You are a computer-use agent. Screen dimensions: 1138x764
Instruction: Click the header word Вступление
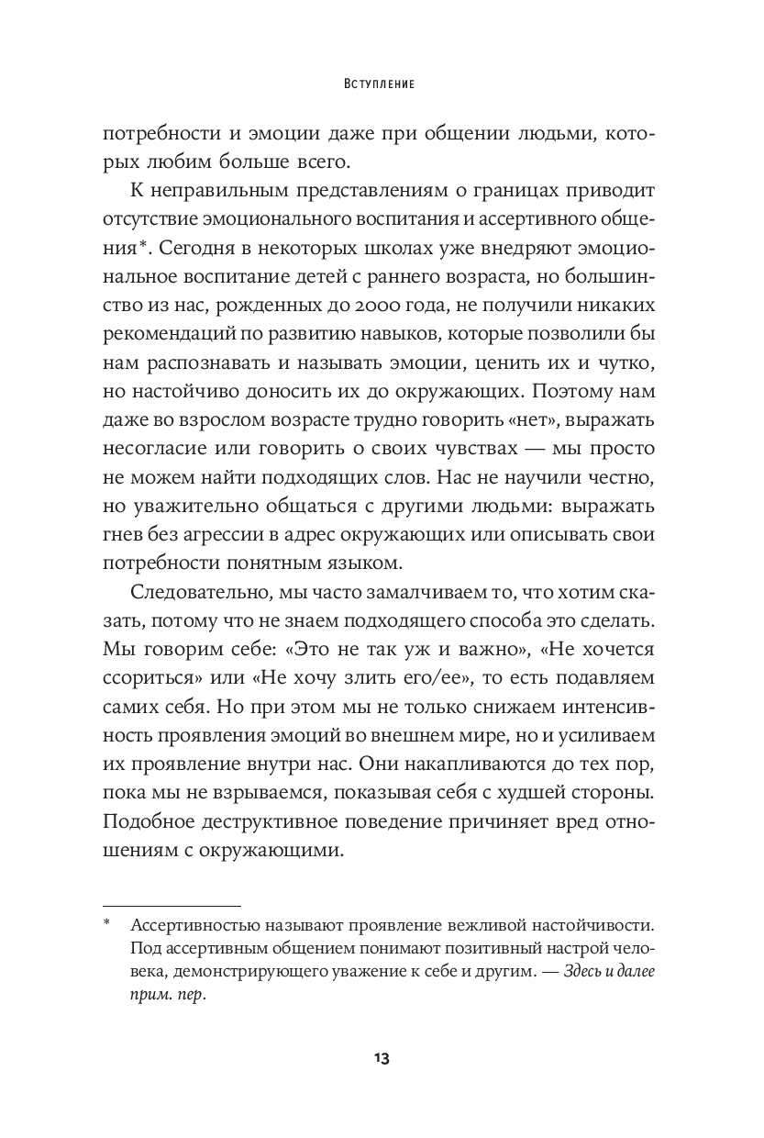[x=382, y=84]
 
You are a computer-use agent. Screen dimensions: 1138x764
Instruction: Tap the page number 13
[x=382, y=1058]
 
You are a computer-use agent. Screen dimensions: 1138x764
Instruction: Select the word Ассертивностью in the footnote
[x=195, y=925]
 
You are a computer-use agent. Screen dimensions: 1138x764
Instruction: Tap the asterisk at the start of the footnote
[x=106, y=924]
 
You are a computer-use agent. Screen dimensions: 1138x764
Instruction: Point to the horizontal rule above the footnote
[x=172, y=904]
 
